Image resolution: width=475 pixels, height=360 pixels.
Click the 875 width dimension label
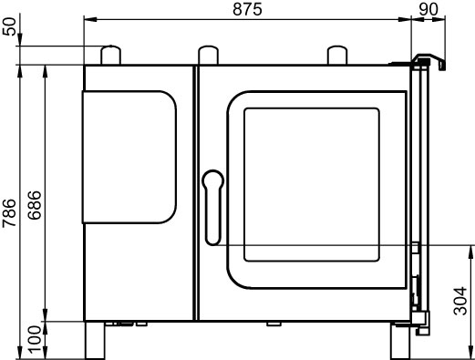(247, 9)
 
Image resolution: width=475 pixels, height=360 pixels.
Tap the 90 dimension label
(429, 9)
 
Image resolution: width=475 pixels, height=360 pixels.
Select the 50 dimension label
(9, 26)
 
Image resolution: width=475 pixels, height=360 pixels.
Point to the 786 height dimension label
(9, 212)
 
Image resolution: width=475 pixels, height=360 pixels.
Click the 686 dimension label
(34, 205)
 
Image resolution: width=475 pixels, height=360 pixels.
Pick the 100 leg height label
(34, 340)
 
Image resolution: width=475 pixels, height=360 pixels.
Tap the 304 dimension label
(460, 301)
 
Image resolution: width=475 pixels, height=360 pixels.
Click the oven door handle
(212, 208)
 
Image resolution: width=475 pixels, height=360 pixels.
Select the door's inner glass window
(312, 185)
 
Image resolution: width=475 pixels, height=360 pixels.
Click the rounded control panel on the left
(129, 157)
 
